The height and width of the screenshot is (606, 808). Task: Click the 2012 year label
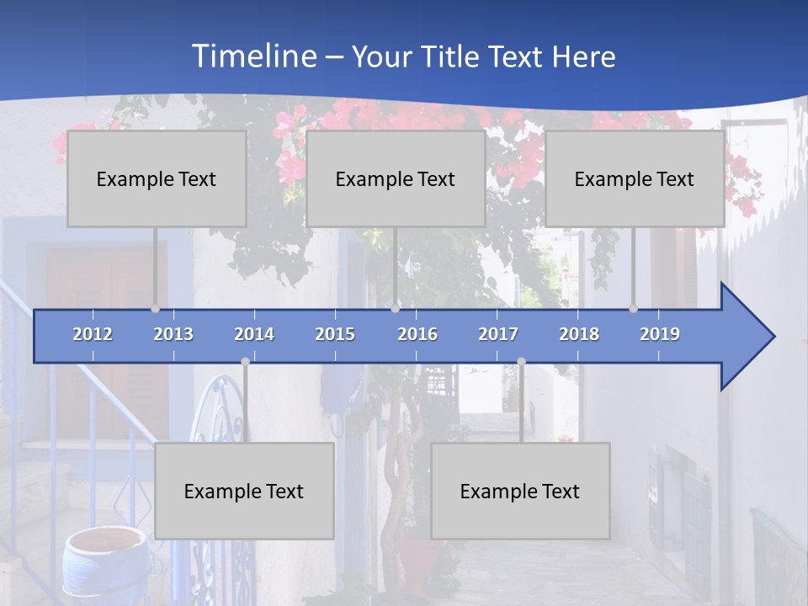pos(93,334)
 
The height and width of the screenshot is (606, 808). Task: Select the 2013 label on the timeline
pos(173,334)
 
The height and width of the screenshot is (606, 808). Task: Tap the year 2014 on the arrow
pos(254,334)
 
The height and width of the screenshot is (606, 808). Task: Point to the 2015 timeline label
pos(335,334)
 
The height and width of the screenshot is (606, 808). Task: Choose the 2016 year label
pos(417,334)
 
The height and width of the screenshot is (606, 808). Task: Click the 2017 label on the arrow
pos(498,334)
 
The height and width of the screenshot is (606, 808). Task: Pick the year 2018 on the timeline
pos(579,334)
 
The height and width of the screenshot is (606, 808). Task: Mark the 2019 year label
pos(660,334)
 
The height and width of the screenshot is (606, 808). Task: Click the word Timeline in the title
pos(252,56)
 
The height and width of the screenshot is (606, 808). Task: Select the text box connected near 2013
pos(157,178)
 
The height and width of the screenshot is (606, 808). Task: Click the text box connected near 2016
pos(396,178)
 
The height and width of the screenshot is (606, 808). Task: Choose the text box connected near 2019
pos(635,178)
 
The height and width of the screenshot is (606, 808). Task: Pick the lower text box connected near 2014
pos(244,491)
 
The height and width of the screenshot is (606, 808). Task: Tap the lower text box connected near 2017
pos(520,491)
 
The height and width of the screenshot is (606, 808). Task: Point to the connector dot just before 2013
pos(155,309)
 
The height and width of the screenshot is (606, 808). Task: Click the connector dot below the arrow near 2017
pos(521,361)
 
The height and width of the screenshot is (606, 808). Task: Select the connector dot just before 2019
pos(633,309)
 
